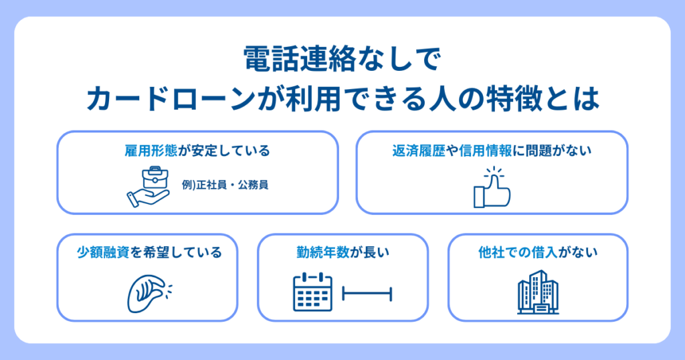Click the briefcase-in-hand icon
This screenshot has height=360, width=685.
[149, 187]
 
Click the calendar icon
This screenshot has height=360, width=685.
[313, 292]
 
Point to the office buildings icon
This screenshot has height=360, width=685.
[538, 292]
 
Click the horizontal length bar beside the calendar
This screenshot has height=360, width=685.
[367, 294]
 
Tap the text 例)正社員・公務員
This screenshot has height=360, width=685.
[225, 185]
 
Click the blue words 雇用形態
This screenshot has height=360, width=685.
[151, 151]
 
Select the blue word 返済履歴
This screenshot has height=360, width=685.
[418, 151]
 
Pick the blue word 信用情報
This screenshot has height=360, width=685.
[486, 151]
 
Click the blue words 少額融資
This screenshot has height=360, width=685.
[103, 252]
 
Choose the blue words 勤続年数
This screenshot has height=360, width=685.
[323, 252]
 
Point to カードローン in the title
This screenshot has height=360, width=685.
[171, 99]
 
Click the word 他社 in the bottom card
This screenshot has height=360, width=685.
[492, 252]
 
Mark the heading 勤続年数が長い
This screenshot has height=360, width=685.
[342, 252]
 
